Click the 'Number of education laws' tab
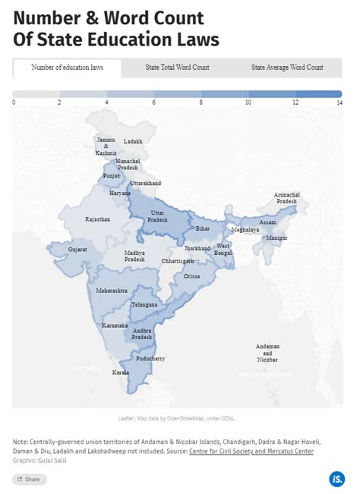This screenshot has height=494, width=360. tap(67, 68)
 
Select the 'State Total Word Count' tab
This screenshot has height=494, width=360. tap(177, 68)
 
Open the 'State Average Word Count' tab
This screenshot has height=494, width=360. tap(287, 68)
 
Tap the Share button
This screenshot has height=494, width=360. tap(30, 479)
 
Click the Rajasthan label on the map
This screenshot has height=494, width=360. tap(98, 219)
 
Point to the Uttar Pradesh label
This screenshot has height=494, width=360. tap(157, 216)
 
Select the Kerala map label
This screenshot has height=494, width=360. tap(120, 373)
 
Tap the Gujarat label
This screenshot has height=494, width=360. tap(77, 249)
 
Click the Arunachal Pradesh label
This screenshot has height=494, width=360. tap(287, 198)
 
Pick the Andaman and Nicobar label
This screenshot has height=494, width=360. tap(267, 353)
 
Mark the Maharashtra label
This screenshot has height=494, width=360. tap(112, 291)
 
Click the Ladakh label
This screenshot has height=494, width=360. tap(133, 141)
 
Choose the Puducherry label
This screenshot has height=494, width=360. tap(150, 358)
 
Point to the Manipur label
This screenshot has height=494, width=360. tap(277, 238)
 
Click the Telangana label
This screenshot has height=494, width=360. tap(144, 304)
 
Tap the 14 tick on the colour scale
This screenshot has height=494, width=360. tap(339, 102)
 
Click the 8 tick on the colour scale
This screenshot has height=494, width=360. tap(201, 102)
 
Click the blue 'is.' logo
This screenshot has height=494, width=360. tap(336, 479)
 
